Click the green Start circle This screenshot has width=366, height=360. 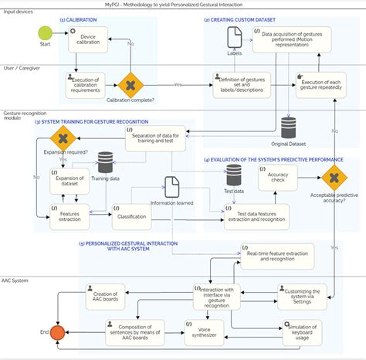pos(46,32)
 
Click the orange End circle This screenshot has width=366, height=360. pos(56,333)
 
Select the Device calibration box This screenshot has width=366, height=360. pos(89,42)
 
